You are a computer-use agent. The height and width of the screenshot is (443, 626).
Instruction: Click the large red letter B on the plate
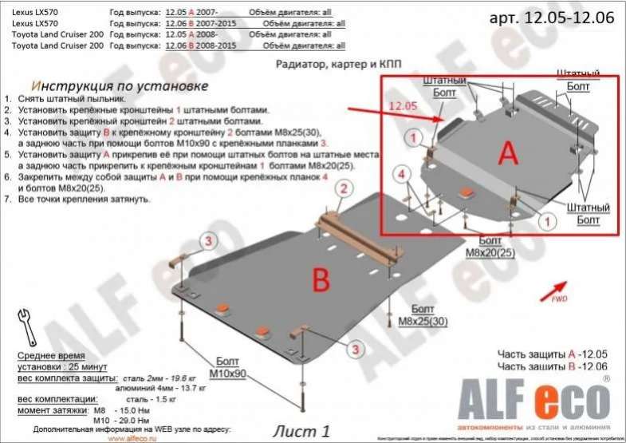click(x=320, y=279)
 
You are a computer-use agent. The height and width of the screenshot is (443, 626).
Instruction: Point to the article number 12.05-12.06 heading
click(x=553, y=17)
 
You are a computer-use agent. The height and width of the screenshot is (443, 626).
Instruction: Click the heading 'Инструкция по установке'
click(x=120, y=85)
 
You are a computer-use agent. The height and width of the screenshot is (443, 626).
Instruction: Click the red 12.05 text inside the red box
click(x=404, y=105)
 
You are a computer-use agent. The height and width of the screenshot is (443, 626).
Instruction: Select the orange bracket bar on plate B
click(x=360, y=239)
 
